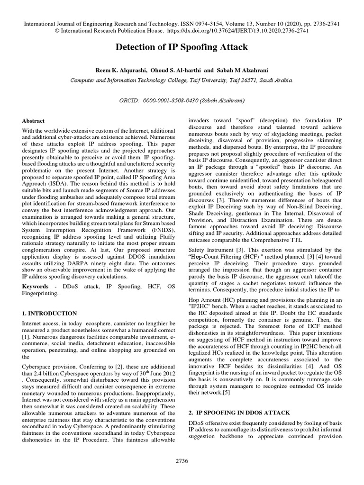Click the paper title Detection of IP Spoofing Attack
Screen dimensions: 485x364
[182, 47]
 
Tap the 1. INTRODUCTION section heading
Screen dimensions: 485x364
[49, 314]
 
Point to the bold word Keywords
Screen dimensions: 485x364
[36, 287]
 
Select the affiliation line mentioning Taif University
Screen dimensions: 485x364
[182, 81]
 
